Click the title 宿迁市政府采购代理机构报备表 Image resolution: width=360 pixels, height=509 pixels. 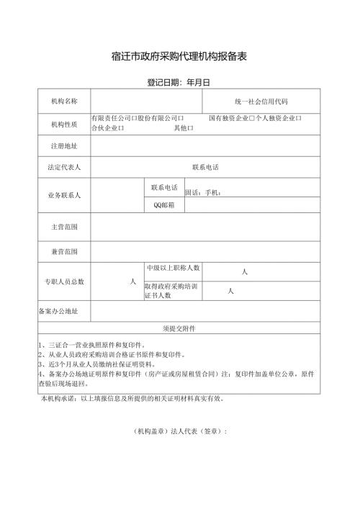coord(180,55)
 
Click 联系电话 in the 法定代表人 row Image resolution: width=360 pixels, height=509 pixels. coord(205,167)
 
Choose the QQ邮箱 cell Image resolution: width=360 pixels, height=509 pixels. coord(164,205)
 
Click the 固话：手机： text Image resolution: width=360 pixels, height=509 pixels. coord(206,192)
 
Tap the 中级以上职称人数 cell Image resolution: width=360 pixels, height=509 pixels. coord(173,269)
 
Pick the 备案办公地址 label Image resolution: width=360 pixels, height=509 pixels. coord(63,312)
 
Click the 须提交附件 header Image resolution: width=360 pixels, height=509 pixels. coord(179,328)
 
